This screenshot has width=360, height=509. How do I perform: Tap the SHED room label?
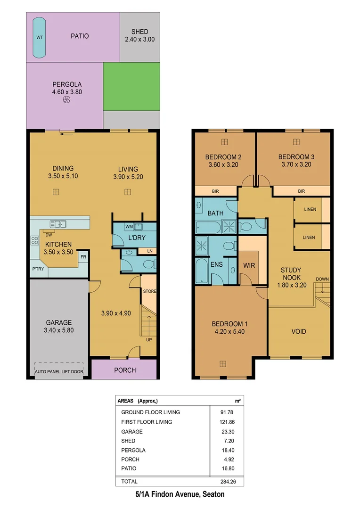pyautogui.click(x=139, y=32)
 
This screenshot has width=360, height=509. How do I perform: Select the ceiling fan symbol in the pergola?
pyautogui.click(x=66, y=100)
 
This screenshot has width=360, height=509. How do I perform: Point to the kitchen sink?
pyautogui.click(x=60, y=224)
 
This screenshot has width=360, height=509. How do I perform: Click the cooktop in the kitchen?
pyautogui.click(x=35, y=240)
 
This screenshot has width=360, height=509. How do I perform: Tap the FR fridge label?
pyautogui.click(x=83, y=257)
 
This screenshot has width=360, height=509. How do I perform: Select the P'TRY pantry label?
pyautogui.click(x=38, y=270)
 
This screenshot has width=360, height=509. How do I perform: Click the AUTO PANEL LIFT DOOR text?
pyautogui.click(x=59, y=372)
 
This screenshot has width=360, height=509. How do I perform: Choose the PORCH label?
pyautogui.click(x=125, y=370)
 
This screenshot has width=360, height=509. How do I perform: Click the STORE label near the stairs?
pyautogui.click(x=149, y=291)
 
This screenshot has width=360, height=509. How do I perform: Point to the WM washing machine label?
pyautogui.click(x=129, y=227)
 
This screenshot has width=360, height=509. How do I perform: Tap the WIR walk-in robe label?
pyautogui.click(x=249, y=265)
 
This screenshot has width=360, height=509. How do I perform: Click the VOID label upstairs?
pyautogui.click(x=298, y=331)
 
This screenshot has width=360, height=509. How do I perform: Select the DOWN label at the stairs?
pyautogui.click(x=322, y=279)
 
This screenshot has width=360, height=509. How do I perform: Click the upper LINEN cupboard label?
pyautogui.click(x=310, y=209)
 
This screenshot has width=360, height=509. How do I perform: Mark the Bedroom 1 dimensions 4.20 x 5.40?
pyautogui.click(x=228, y=331)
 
